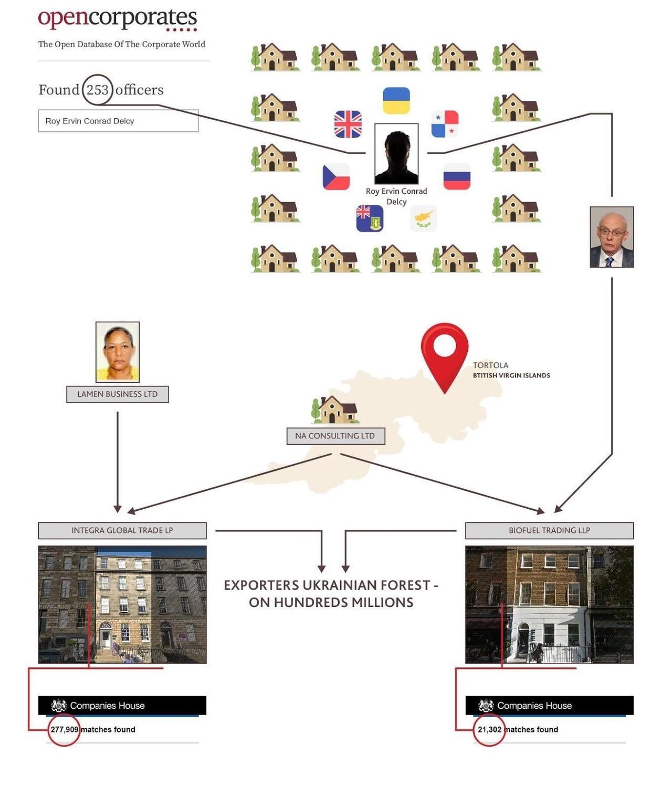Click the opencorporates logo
(x=118, y=19)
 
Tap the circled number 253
(x=97, y=90)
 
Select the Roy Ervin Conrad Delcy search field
(x=118, y=121)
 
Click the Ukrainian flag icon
(x=396, y=101)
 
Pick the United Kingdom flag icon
(x=348, y=124)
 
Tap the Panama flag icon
(x=445, y=124)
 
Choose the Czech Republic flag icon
(x=336, y=176)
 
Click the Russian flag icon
(x=457, y=176)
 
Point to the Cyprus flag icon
(x=423, y=218)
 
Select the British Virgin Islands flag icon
(x=370, y=218)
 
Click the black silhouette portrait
(x=396, y=153)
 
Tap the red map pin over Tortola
(x=445, y=352)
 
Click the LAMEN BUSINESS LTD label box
(x=118, y=394)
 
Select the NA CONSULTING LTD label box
(x=335, y=436)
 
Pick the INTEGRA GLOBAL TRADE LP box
(x=122, y=530)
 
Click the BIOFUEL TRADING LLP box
(x=549, y=530)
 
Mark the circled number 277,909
(x=64, y=729)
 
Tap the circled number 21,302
(x=489, y=729)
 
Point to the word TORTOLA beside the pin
(x=490, y=365)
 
